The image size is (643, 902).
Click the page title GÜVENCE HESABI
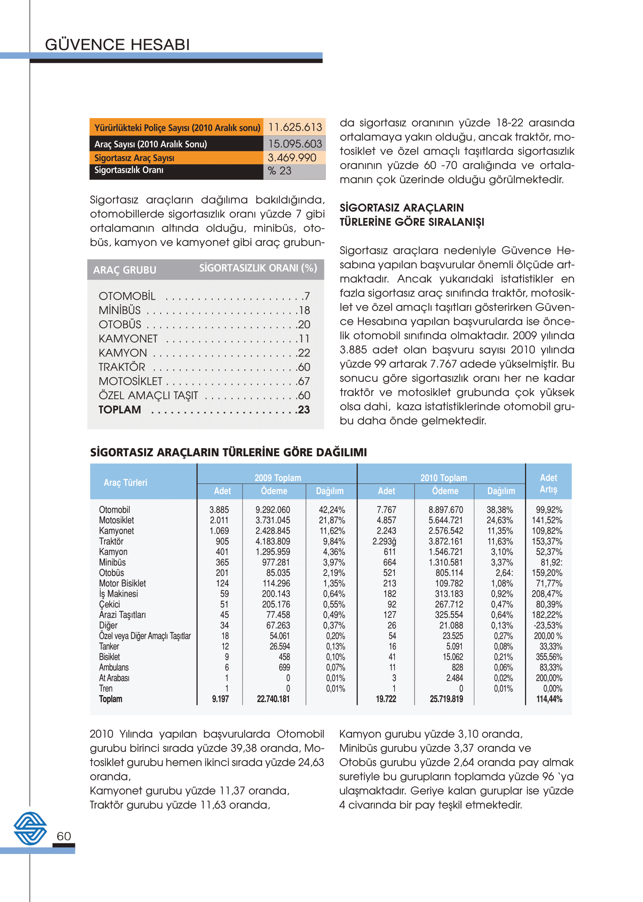pyautogui.click(x=117, y=45)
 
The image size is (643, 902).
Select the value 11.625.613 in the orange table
pyautogui.click(x=295, y=128)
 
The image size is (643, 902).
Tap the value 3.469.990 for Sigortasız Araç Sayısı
pyautogui.click(x=292, y=158)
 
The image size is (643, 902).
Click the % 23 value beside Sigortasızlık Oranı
pyautogui.click(x=280, y=171)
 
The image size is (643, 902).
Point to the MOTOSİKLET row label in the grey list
pyautogui.click(x=130, y=381)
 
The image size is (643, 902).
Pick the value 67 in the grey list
pyautogui.click(x=304, y=381)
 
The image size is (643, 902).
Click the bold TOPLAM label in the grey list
pyautogui.click(x=120, y=410)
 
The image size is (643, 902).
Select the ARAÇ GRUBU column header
pyautogui.click(x=125, y=270)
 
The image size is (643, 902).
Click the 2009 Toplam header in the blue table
pyautogui.click(x=278, y=478)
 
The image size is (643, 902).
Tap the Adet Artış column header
pyautogui.click(x=548, y=483)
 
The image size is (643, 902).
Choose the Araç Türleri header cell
pyautogui.click(x=125, y=483)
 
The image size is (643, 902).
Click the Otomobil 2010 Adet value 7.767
pyautogui.click(x=386, y=510)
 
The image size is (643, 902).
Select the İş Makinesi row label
pyautogui.click(x=118, y=594)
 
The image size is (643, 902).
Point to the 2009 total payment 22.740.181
pyautogui.click(x=273, y=699)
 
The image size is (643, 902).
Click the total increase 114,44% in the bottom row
pyautogui.click(x=549, y=699)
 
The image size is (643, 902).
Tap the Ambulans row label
pyautogui.click(x=113, y=667)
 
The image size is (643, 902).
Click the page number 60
pyautogui.click(x=64, y=836)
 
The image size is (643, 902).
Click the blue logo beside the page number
pyautogui.click(x=30, y=828)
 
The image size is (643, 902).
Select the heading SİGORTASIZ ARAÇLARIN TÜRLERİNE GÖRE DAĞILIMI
pyautogui.click(x=228, y=452)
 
